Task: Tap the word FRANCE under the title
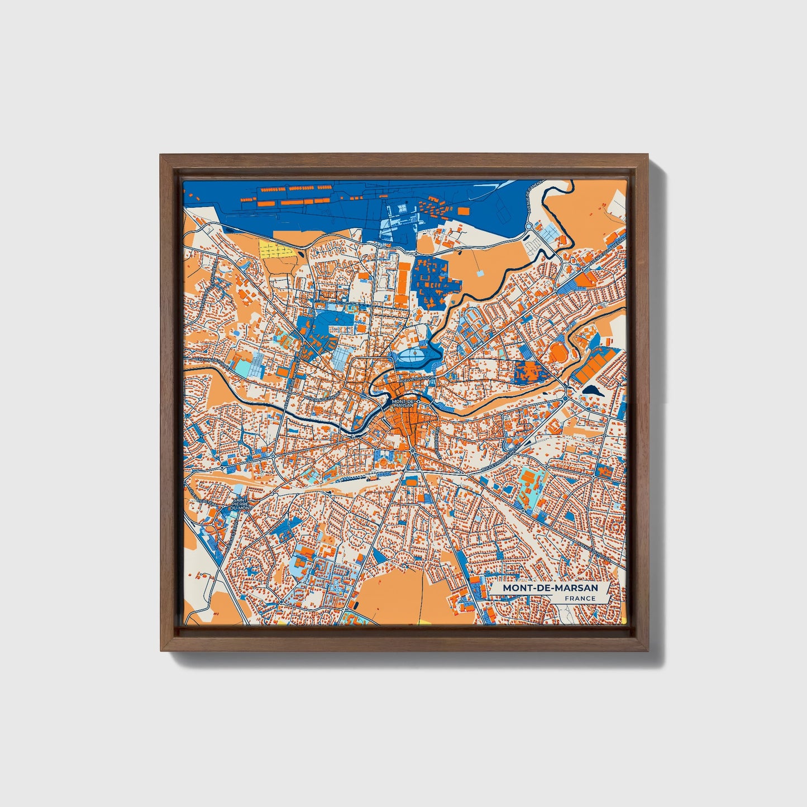point(580,598)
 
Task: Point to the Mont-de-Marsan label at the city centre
point(403,403)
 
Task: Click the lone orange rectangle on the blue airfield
point(463,210)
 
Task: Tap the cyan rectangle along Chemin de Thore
point(242,368)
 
